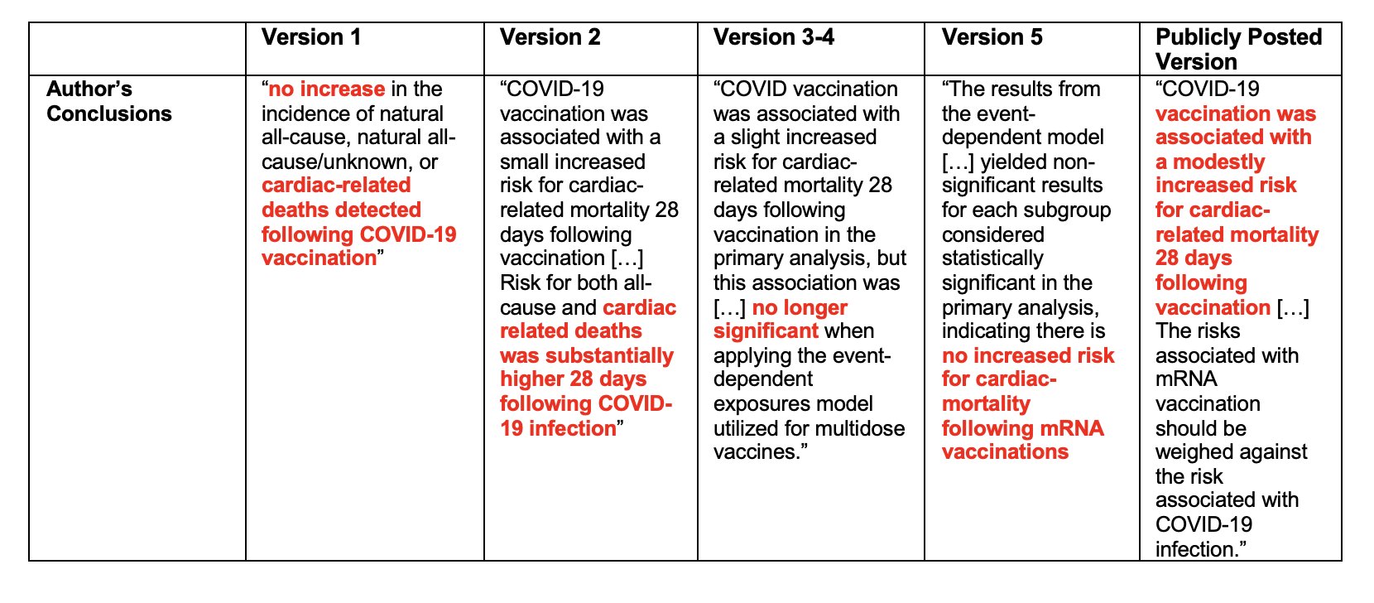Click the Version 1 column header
[x=311, y=38]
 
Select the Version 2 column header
[x=550, y=38]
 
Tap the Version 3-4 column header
[x=773, y=38]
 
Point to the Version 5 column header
[x=992, y=38]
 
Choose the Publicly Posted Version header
[x=1238, y=49]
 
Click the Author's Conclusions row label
[x=108, y=101]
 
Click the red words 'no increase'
[x=326, y=89]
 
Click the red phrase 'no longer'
[x=800, y=308]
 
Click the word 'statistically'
[x=992, y=258]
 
